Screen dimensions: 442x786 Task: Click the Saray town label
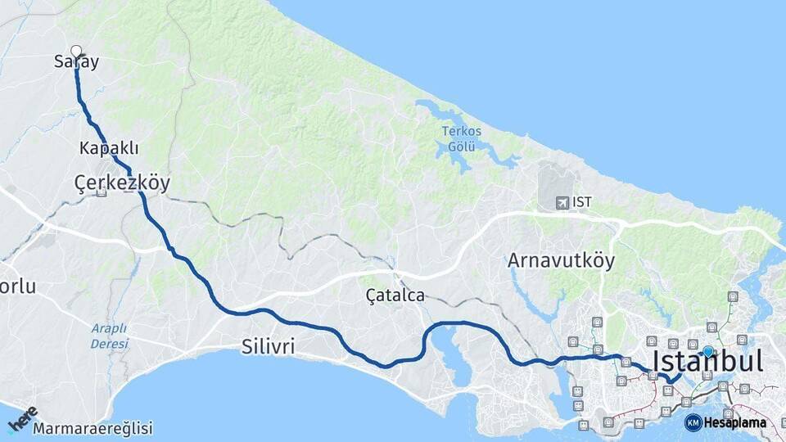point(76,62)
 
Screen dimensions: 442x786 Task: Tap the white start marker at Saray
point(76,51)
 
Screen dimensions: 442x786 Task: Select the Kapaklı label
point(109,148)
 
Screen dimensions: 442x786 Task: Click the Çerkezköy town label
point(121,183)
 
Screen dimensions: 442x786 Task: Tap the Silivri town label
point(268,347)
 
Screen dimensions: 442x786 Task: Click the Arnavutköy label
point(561,260)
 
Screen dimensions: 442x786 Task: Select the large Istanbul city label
point(707,361)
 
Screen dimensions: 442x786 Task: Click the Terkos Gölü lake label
point(462,138)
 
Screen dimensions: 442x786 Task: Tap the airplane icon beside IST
point(562,202)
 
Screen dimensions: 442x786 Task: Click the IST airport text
point(582,202)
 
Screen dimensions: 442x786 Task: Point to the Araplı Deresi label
point(109,336)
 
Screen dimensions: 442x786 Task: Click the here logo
point(23,419)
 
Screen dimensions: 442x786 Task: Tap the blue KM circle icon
point(693,423)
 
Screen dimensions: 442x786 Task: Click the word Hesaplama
point(735,423)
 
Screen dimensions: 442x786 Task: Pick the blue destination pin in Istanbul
point(707,351)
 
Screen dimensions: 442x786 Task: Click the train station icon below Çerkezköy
point(101,193)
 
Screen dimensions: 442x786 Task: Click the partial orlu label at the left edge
point(18,286)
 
